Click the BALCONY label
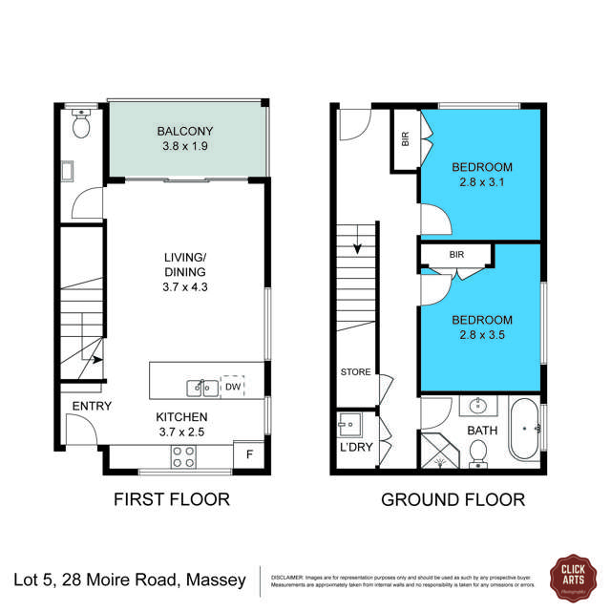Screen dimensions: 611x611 pyautogui.click(x=186, y=132)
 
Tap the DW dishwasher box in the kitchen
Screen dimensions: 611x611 pyautogui.click(x=232, y=387)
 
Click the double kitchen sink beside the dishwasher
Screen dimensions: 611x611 pyautogui.click(x=200, y=387)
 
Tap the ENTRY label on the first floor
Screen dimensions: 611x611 pyautogui.click(x=91, y=406)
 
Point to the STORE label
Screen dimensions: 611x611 pyautogui.click(x=355, y=372)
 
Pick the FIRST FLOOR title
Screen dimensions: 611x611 pyautogui.click(x=172, y=498)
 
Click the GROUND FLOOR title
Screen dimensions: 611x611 pyautogui.click(x=453, y=498)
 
